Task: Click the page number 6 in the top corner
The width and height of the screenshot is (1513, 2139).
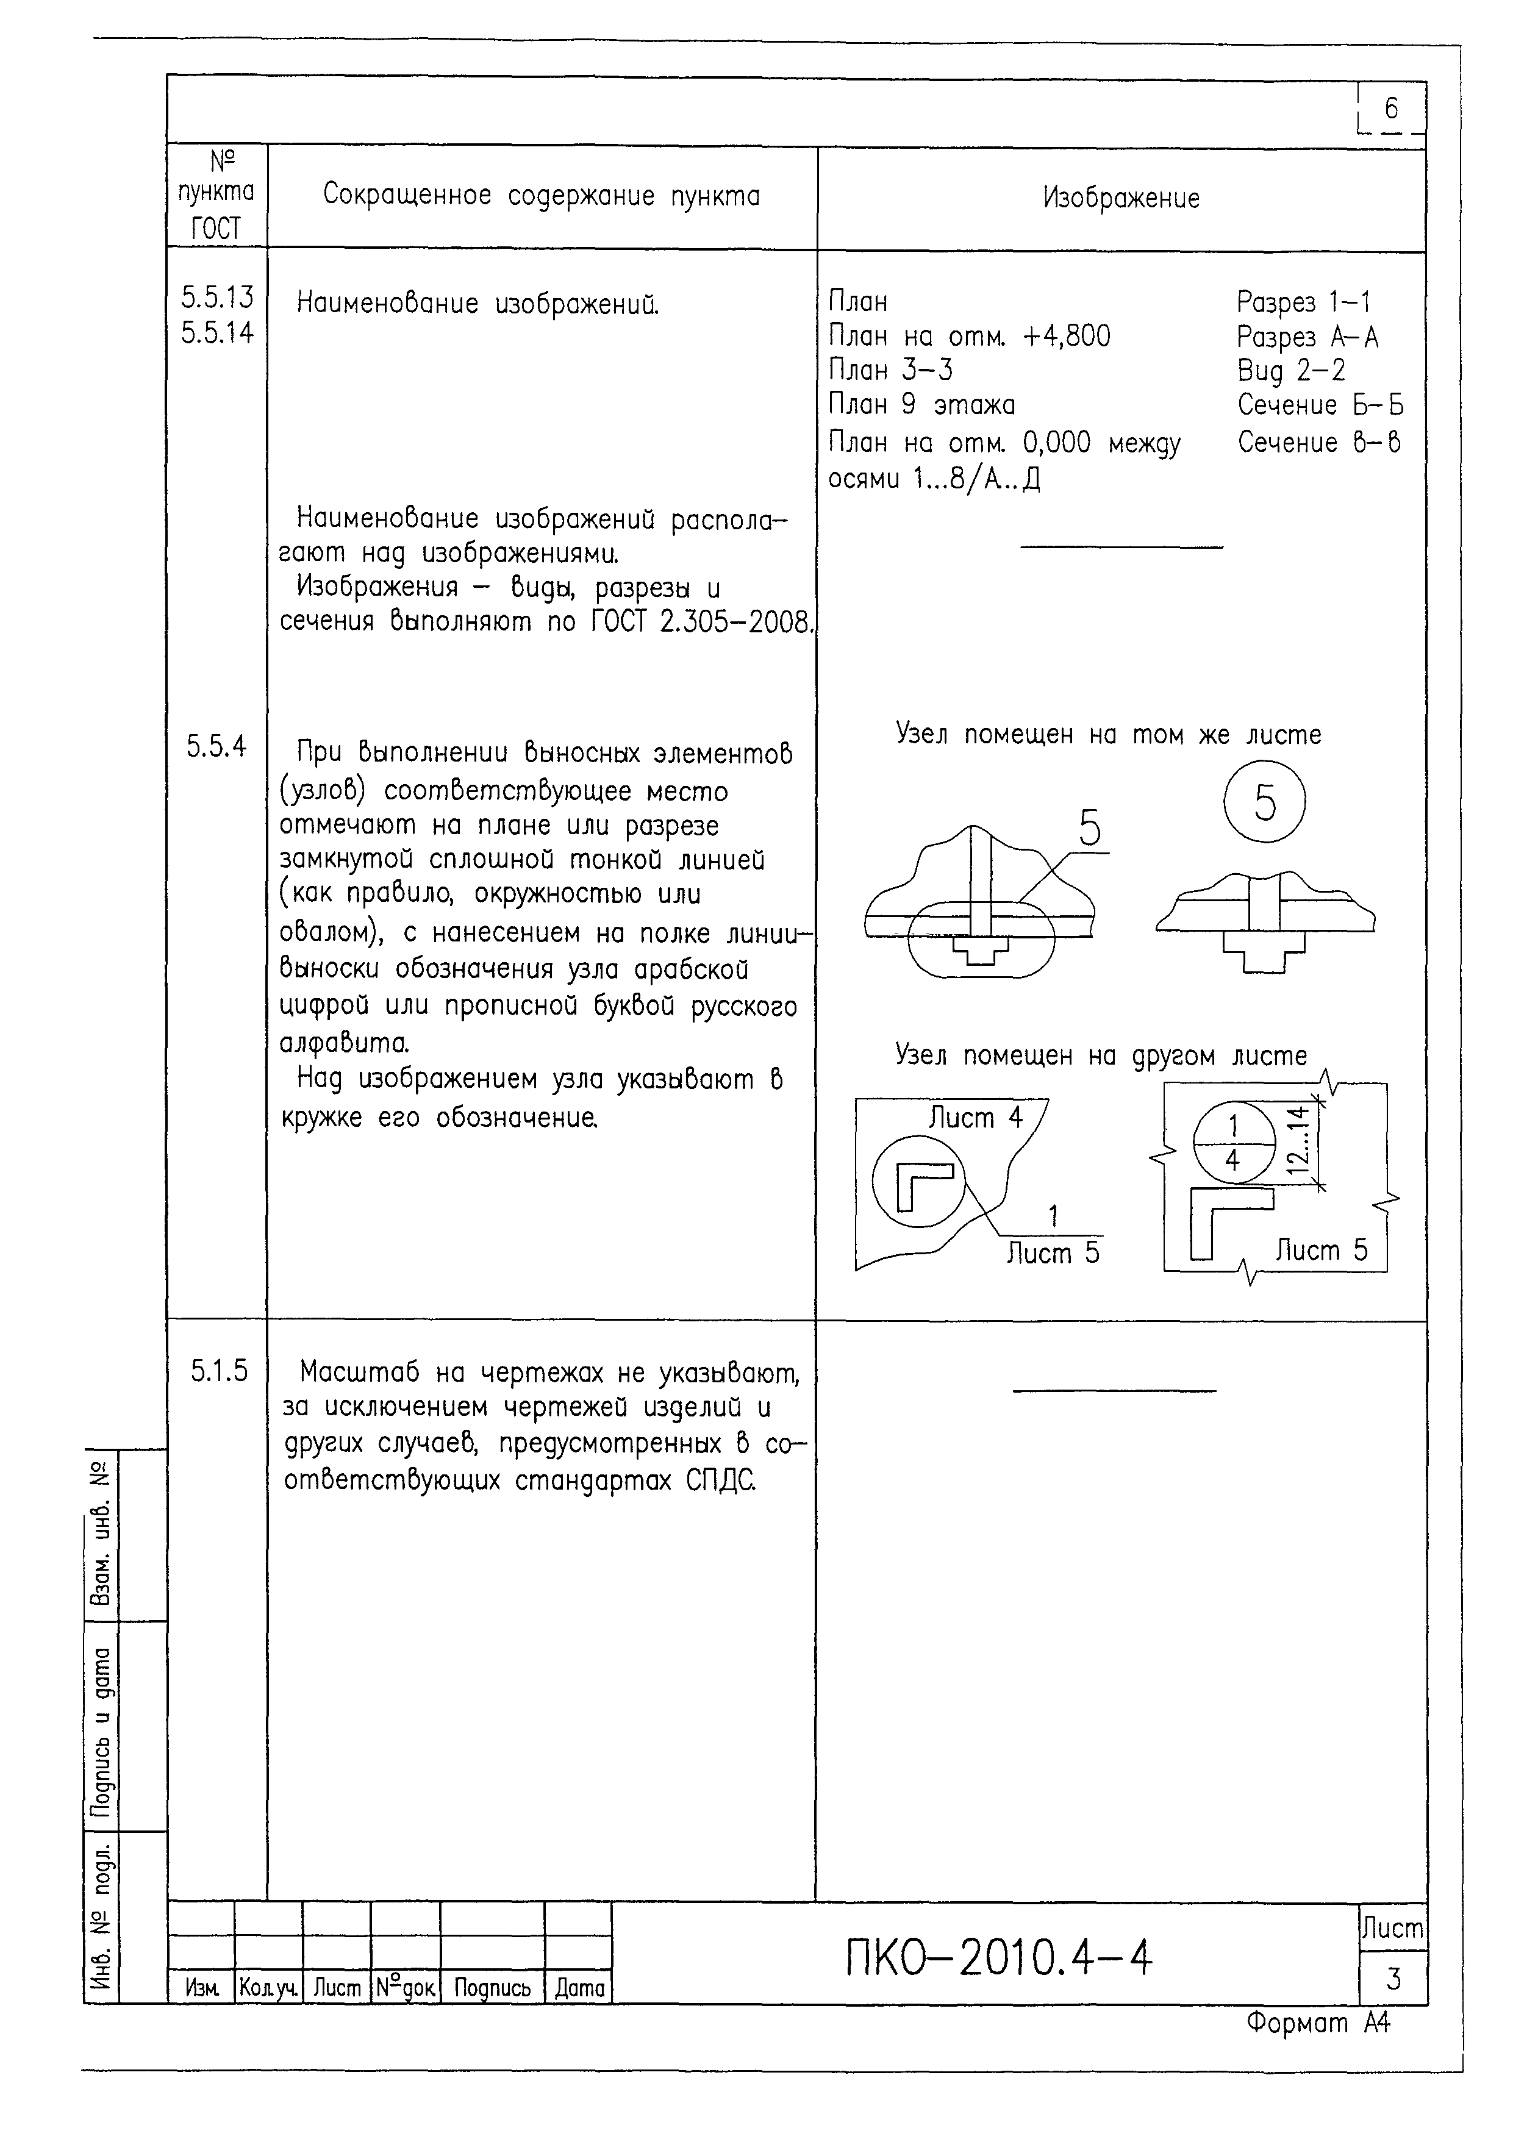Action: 1391,109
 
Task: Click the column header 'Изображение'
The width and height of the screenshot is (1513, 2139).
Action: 1121,198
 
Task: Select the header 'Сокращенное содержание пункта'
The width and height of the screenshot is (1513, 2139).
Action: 542,196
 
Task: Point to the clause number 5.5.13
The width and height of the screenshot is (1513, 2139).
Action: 217,297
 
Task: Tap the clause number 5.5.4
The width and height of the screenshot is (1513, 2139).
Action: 216,746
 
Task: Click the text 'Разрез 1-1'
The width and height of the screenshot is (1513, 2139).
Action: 1303,302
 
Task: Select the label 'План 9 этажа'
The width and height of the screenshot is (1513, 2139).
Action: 921,404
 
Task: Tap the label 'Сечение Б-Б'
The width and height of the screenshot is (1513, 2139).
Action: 1319,405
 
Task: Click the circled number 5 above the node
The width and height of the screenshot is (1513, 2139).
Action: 1264,802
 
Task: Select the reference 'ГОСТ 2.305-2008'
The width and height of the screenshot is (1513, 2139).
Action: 703,621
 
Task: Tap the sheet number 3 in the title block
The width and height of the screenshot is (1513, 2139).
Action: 1393,1978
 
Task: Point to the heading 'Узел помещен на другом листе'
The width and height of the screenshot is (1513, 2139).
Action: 1100,1055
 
